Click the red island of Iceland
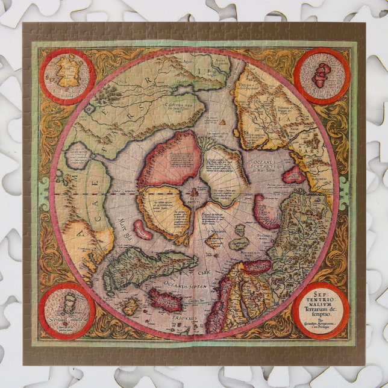point(164,299)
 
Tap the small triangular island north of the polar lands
point(224,122)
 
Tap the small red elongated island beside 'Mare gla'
point(143,230)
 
